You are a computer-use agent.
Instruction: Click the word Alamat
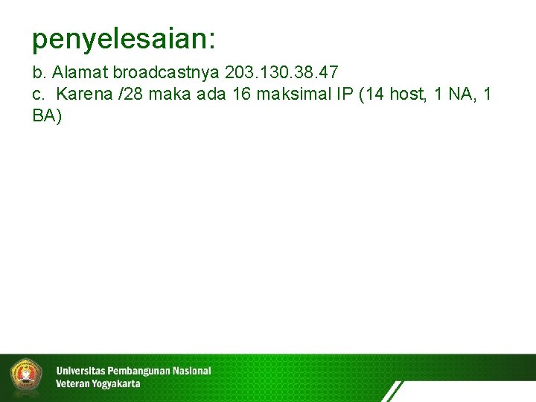coord(77,73)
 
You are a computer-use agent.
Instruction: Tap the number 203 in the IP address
coord(240,73)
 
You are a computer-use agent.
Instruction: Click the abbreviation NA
coord(459,95)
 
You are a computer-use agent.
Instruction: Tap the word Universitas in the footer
coord(81,371)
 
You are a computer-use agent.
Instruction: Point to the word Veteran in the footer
coord(71,384)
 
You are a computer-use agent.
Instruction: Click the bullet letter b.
coord(37,73)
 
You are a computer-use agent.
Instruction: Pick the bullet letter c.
coord(37,95)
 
